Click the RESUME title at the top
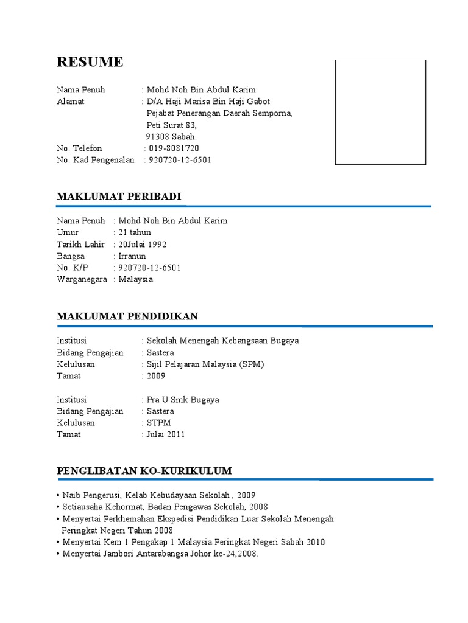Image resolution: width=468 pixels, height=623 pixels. tap(90, 61)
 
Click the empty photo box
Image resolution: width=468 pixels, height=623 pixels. tap(381, 112)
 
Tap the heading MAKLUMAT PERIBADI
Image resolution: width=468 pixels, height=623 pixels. tap(119, 196)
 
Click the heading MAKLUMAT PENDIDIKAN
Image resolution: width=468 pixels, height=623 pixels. tap(127, 316)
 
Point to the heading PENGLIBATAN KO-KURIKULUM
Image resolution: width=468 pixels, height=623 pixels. tap(144, 471)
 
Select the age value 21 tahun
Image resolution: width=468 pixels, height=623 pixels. tap(135, 232)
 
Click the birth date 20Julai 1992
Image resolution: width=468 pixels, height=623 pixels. tap(143, 244)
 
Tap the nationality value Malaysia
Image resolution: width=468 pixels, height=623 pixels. tap(136, 279)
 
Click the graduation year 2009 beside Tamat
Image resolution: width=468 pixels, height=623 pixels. tap(156, 376)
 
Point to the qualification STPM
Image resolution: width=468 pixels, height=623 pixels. tap(159, 423)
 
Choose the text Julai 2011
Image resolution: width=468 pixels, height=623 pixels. tap(166, 434)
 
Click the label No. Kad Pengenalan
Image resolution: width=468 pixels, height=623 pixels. tap(96, 160)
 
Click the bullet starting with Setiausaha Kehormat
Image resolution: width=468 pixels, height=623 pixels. tap(165, 506)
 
